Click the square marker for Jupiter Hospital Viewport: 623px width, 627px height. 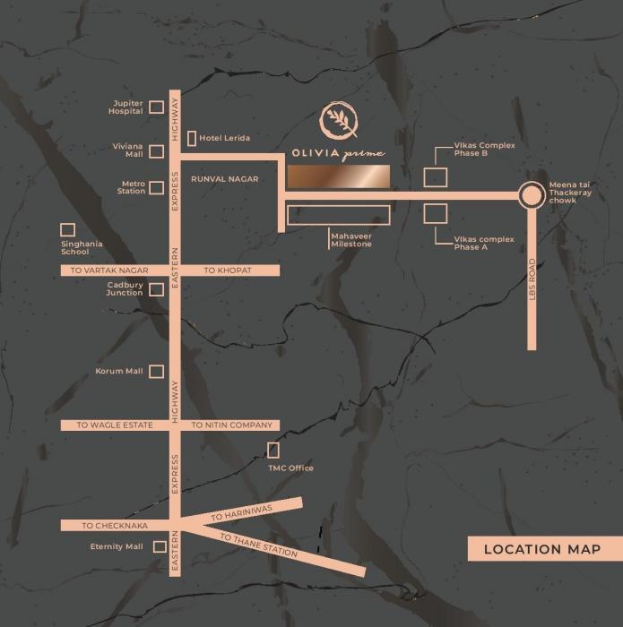(156, 107)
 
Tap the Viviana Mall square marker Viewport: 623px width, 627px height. (156, 151)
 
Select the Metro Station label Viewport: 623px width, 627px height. (132, 187)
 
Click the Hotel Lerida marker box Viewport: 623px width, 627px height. (192, 138)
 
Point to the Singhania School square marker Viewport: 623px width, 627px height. (67, 230)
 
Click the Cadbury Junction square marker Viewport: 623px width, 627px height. (156, 288)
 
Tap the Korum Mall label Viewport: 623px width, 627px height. (119, 371)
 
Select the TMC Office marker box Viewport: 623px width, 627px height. (273, 450)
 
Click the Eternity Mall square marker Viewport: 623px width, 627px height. (160, 546)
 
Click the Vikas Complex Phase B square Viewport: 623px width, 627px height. (436, 176)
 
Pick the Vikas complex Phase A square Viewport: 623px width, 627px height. (436, 214)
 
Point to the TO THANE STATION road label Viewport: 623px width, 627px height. (259, 545)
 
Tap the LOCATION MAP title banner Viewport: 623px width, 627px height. (544, 549)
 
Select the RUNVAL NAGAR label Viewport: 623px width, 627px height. (224, 179)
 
